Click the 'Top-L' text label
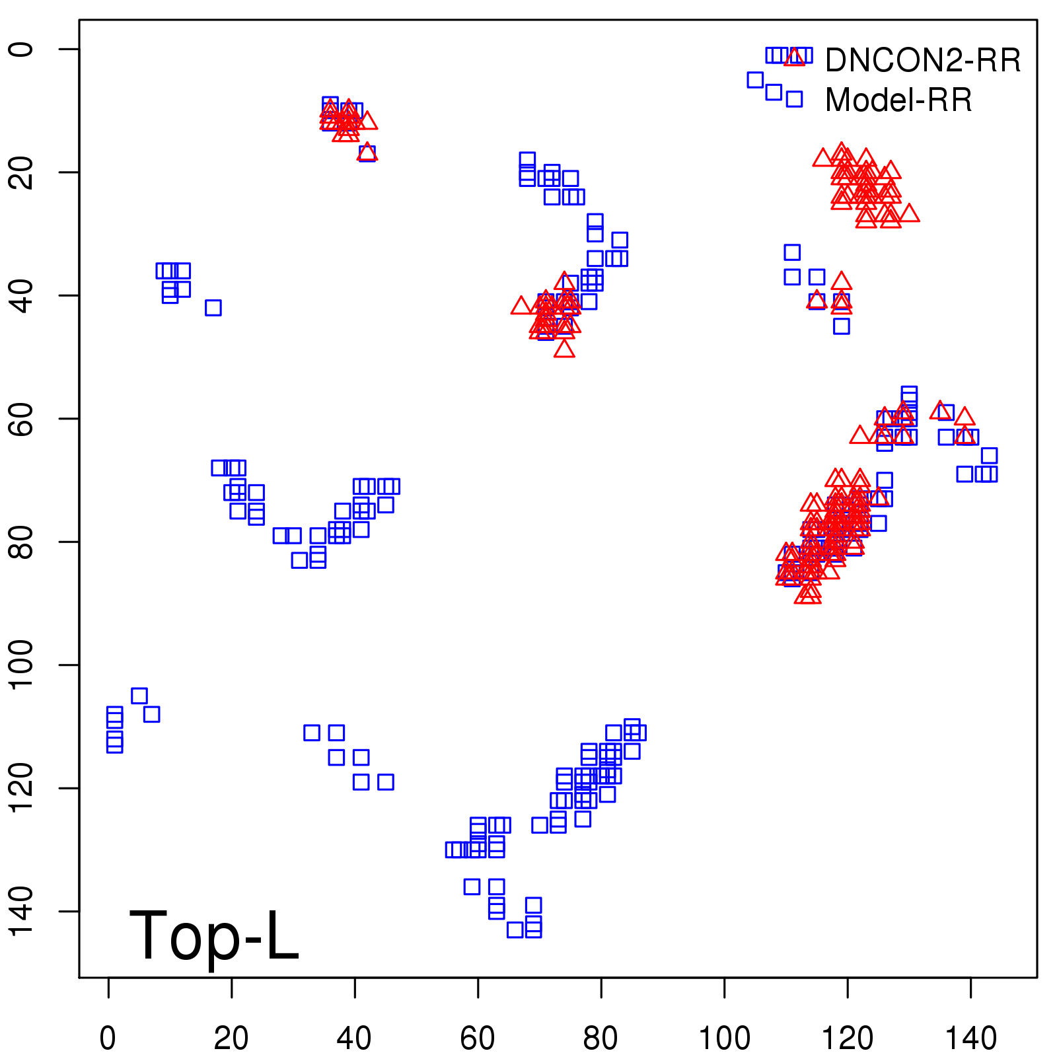click(x=214, y=935)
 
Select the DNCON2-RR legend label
click(x=923, y=61)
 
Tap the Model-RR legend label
click(x=898, y=100)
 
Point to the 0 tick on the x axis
click(x=108, y=1038)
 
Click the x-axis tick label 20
click(x=231, y=1038)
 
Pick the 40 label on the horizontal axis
click(x=355, y=1038)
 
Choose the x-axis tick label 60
click(x=478, y=1038)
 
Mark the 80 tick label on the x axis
click(x=601, y=1038)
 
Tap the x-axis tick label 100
click(x=725, y=1038)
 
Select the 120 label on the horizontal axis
click(x=848, y=1038)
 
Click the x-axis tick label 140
click(x=971, y=1038)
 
